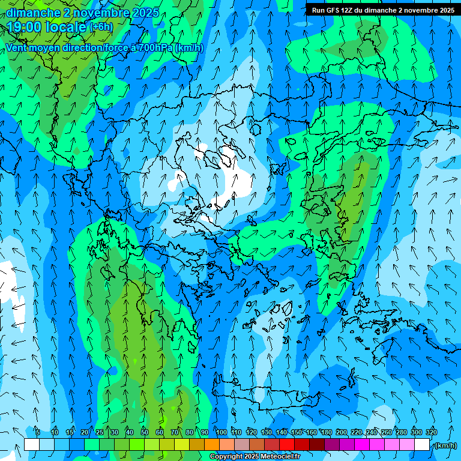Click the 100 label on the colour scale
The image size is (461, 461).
coord(221,432)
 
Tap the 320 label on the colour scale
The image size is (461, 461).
coord(431,432)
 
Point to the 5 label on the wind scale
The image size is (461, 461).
coord(38,432)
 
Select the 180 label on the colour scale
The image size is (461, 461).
coord(326,432)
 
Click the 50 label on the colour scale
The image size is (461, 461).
coord(145,432)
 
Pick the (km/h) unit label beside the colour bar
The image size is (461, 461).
coord(445,445)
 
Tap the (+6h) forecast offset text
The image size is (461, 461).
coord(101,27)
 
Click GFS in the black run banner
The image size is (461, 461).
coord(334,10)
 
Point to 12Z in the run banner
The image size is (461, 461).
coord(349,10)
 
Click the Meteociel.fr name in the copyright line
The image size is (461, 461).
coord(281,457)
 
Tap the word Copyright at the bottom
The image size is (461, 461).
coord(226,457)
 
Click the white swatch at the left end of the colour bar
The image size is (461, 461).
coord(32,445)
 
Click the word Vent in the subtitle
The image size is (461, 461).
coord(17,48)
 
